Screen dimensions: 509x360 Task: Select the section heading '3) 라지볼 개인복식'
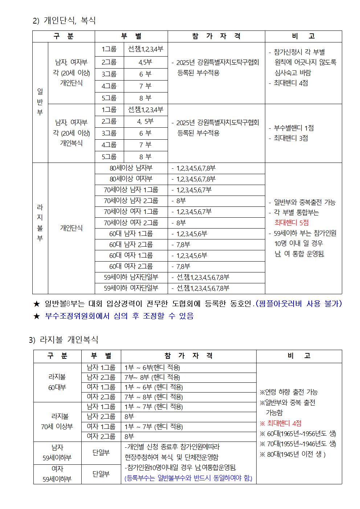(x=64, y=340)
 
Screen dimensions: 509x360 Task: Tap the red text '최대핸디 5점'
(x=291, y=223)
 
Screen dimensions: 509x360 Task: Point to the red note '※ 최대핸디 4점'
(x=281, y=423)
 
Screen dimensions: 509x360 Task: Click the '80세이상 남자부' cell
(x=131, y=168)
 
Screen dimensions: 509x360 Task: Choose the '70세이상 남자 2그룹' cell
(x=131, y=201)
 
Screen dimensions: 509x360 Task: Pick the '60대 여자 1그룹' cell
(x=131, y=255)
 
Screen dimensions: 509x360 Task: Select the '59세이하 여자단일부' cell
(x=131, y=288)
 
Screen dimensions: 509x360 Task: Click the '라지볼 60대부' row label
(x=57, y=382)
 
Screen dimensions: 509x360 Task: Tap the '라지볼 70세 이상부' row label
(x=57, y=422)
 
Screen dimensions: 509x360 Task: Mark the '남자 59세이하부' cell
(x=57, y=452)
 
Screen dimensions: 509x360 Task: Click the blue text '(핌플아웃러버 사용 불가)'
(x=299, y=304)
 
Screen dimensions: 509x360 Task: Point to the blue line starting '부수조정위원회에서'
(x=119, y=316)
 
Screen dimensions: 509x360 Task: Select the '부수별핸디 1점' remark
(x=291, y=128)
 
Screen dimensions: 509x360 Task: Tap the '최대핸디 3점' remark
(x=290, y=138)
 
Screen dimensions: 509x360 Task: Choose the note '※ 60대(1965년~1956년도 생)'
(x=298, y=434)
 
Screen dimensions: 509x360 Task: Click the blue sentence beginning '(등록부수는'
(x=188, y=478)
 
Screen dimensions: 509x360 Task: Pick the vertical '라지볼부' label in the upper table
(x=40, y=223)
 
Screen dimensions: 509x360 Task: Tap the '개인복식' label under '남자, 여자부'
(x=71, y=143)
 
